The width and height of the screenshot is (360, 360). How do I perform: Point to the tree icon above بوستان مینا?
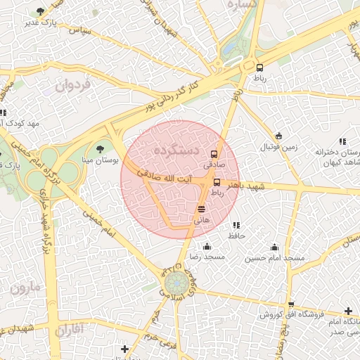pyautogui.click(x=99, y=148)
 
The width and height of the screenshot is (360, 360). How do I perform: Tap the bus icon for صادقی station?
pyautogui.click(x=214, y=155)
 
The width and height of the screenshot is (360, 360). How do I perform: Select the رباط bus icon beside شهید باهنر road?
pyautogui.click(x=216, y=183)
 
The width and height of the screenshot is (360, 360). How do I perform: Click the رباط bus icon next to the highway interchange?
pyautogui.click(x=260, y=67)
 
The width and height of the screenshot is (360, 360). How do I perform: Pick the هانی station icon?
pyautogui.click(x=202, y=208)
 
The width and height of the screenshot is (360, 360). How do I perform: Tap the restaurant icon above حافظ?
pyautogui.click(x=236, y=225)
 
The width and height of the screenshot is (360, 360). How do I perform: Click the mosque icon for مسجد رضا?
pyautogui.click(x=207, y=246)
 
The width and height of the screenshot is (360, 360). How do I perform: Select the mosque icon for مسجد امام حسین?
pyautogui.click(x=274, y=247)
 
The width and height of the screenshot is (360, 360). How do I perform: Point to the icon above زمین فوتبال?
pyautogui.click(x=279, y=136)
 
